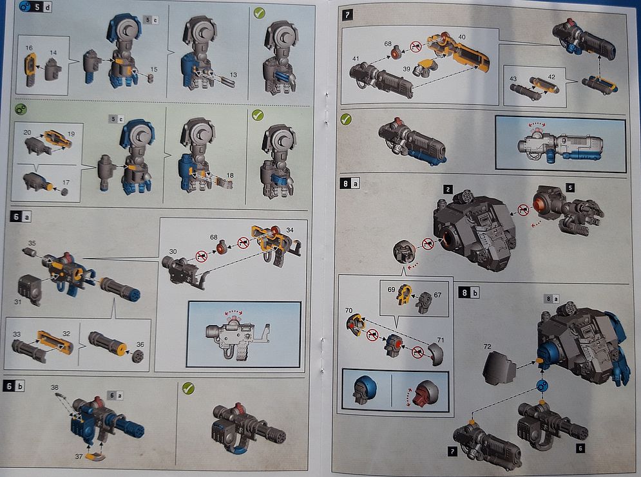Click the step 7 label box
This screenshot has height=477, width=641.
[347, 15]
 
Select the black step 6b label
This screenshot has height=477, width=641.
[14, 386]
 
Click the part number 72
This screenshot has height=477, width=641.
[487, 346]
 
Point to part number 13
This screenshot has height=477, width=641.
[233, 75]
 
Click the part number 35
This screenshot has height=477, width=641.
[32, 243]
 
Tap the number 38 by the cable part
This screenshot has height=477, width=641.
[55, 387]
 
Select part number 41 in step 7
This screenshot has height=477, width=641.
[355, 59]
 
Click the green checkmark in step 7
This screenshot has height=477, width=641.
[346, 119]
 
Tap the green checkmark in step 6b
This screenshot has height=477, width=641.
[188, 388]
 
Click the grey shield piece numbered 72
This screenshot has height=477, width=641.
[499, 368]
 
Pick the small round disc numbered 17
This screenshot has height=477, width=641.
[64, 191]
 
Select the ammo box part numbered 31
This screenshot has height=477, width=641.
[30, 289]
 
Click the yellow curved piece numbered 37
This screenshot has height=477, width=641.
[95, 456]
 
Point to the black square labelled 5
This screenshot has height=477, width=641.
[570, 187]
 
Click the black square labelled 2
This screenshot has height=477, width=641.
[448, 189]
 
